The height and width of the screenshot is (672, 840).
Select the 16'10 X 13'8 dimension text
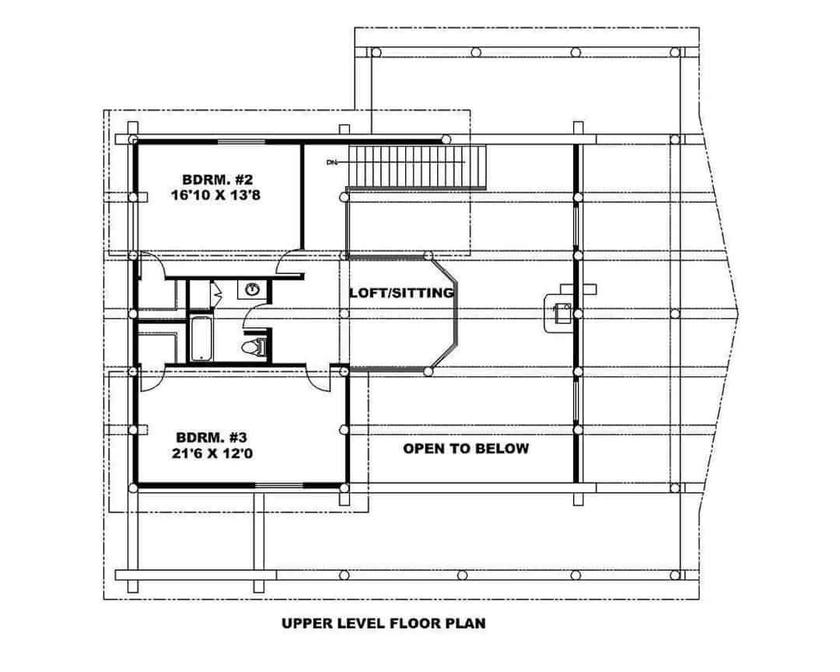tap(215, 195)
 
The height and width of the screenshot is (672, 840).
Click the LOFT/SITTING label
tap(401, 293)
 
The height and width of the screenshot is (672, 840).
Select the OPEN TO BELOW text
tap(466, 448)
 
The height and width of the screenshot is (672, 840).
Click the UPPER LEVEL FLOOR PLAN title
tap(383, 622)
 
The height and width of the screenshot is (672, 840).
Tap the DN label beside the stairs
tap(332, 163)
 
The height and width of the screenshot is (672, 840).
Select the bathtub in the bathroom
tap(201, 338)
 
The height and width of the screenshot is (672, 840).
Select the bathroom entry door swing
tap(254, 315)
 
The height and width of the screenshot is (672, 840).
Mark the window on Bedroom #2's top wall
tap(239, 141)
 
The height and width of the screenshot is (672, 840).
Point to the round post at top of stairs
tap(446, 139)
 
